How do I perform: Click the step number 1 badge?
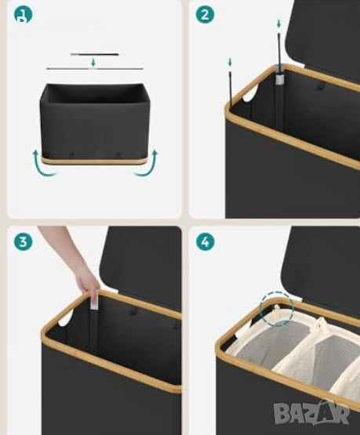point(24,15)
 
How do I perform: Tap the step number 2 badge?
point(205,15)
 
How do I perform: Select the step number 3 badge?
point(24,241)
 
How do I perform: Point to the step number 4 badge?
point(205,241)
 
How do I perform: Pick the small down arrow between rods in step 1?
point(93,63)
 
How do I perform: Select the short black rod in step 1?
point(94,54)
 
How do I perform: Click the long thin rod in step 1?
point(94,68)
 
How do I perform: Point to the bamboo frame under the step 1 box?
point(93,161)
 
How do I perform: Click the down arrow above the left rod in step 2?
point(230,63)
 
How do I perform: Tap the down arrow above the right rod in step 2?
point(279,24)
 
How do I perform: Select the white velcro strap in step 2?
point(279,79)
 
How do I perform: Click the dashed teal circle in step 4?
point(277,309)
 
